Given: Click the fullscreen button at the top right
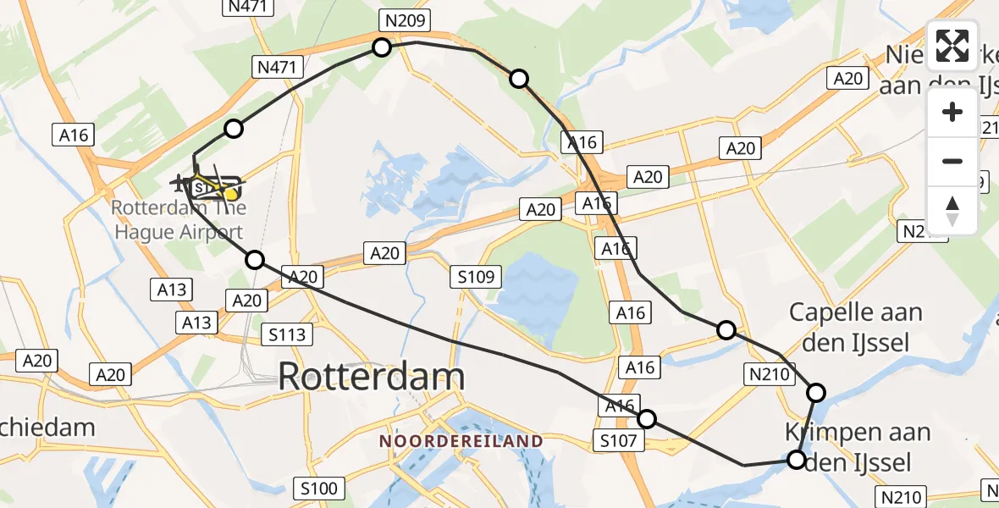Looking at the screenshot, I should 952,46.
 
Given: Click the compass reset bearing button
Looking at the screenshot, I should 952,210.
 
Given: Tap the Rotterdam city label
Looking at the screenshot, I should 371,377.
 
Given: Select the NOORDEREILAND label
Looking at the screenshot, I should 461,441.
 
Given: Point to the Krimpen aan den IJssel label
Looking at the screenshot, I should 857,447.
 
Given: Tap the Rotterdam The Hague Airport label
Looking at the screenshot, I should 178,219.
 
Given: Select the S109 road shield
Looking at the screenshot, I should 476,276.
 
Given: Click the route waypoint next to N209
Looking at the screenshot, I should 382,47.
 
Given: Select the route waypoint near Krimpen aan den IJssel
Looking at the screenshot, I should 797,460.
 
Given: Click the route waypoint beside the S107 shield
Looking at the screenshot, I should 647,418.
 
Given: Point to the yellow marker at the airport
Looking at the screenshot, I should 229,195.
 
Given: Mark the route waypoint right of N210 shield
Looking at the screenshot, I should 816,392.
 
